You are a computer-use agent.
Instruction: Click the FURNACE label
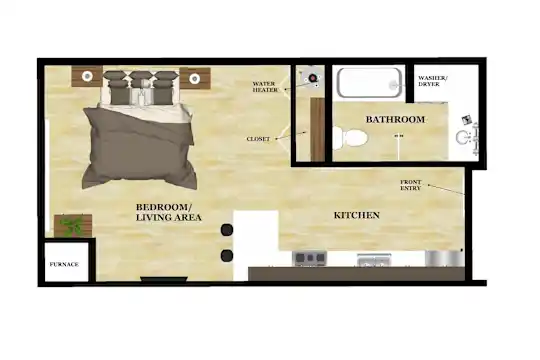coord(64,265)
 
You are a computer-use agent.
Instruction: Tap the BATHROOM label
coord(395,120)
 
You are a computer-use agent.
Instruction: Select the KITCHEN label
coord(357,215)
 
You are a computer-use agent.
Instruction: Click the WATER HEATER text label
coord(265,87)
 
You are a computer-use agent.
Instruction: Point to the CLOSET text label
coord(258,139)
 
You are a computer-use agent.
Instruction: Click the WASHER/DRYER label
coord(433,81)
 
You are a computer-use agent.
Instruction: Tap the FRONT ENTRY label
coord(411,185)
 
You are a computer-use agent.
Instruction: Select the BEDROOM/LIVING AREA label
coord(168,212)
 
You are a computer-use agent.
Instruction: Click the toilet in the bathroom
coord(350,137)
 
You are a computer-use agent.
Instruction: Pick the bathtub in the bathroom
coord(370,83)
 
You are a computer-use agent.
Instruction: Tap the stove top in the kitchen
coord(309,258)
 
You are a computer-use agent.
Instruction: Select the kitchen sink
coord(374,259)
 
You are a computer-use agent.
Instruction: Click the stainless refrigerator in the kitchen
coord(444,258)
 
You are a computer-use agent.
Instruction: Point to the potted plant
coord(73,226)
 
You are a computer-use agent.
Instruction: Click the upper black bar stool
coord(227,230)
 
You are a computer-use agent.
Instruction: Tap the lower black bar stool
coord(227,256)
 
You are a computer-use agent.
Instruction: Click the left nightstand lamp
coord(87,76)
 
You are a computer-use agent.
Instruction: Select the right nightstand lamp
coord(195,78)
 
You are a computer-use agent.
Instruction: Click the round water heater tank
coord(313,78)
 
